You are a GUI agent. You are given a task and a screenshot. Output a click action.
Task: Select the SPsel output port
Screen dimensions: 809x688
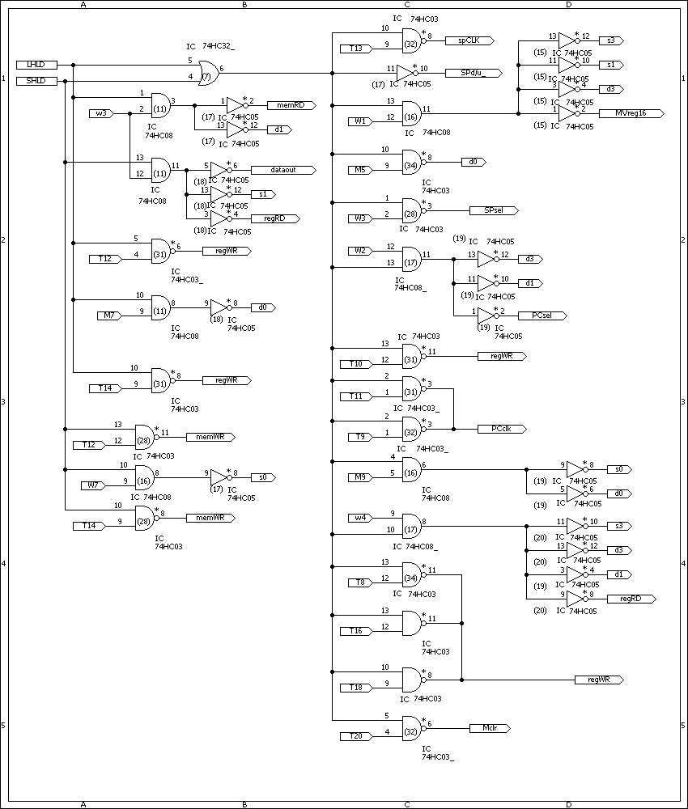coord(491,210)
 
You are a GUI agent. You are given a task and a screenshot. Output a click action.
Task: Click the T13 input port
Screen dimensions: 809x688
coord(355,49)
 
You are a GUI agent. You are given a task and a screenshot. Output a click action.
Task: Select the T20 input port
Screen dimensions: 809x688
coord(355,736)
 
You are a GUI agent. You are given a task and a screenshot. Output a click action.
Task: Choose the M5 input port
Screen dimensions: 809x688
coord(359,170)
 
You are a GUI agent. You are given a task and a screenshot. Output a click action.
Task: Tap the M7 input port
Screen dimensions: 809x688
coord(108,316)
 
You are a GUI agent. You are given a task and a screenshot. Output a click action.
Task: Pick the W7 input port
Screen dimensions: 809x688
coord(91,485)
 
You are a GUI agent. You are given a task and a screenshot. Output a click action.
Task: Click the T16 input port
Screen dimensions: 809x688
coord(355,631)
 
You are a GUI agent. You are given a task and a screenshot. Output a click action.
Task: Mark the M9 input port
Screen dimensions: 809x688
coord(359,477)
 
